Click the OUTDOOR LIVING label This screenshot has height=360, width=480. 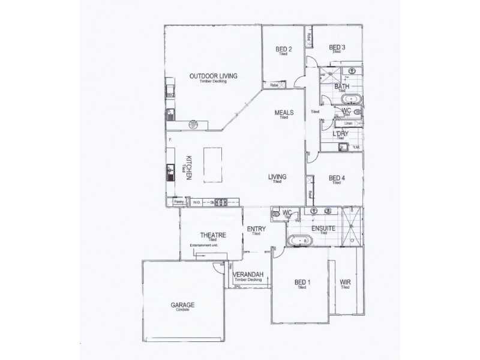tap(214, 76)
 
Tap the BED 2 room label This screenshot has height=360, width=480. tap(284, 49)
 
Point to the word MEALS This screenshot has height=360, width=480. tap(283, 112)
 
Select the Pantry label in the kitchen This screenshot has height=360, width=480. tap(178, 202)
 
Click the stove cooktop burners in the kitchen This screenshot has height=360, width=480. tap(220, 203)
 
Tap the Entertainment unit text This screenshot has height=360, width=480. tap(203, 246)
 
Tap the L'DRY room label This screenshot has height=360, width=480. tap(340, 133)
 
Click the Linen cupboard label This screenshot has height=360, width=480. tap(348, 123)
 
